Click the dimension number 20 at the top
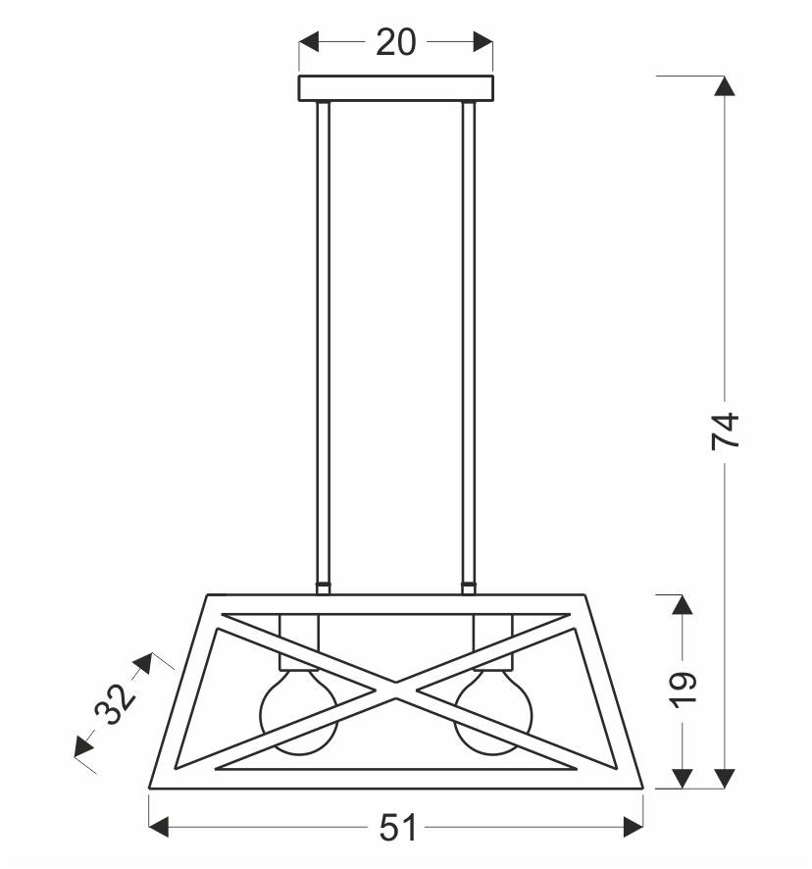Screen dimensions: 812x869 pos(396,43)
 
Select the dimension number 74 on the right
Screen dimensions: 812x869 pos(726,430)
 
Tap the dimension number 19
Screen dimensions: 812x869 pos(683,690)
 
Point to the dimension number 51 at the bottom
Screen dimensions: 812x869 pos(397,829)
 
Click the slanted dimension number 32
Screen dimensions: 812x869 pos(115,704)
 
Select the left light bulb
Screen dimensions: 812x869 pos(299,712)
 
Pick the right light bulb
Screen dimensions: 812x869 pos(493,712)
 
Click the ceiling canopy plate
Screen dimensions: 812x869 pos(396,88)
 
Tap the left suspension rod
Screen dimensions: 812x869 pos(324,342)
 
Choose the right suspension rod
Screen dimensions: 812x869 pos(469,342)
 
